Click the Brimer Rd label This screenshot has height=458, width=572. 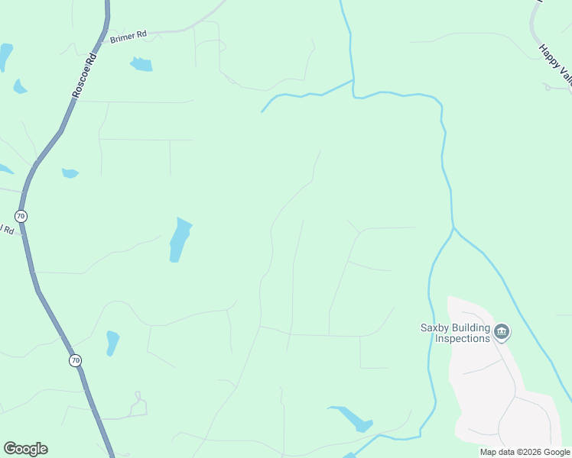(x=128, y=36)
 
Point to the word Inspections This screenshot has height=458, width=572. (x=457, y=338)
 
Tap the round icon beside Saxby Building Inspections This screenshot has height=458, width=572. (x=502, y=331)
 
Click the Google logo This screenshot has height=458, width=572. (x=25, y=449)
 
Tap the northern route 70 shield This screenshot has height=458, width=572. (x=21, y=216)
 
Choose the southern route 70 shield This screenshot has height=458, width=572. (x=74, y=360)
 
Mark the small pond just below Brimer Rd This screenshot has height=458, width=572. (x=141, y=64)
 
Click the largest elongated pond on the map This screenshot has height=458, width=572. (x=179, y=240)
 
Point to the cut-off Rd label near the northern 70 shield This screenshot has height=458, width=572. (x=8, y=230)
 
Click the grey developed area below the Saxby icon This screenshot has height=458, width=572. (x=489, y=382)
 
